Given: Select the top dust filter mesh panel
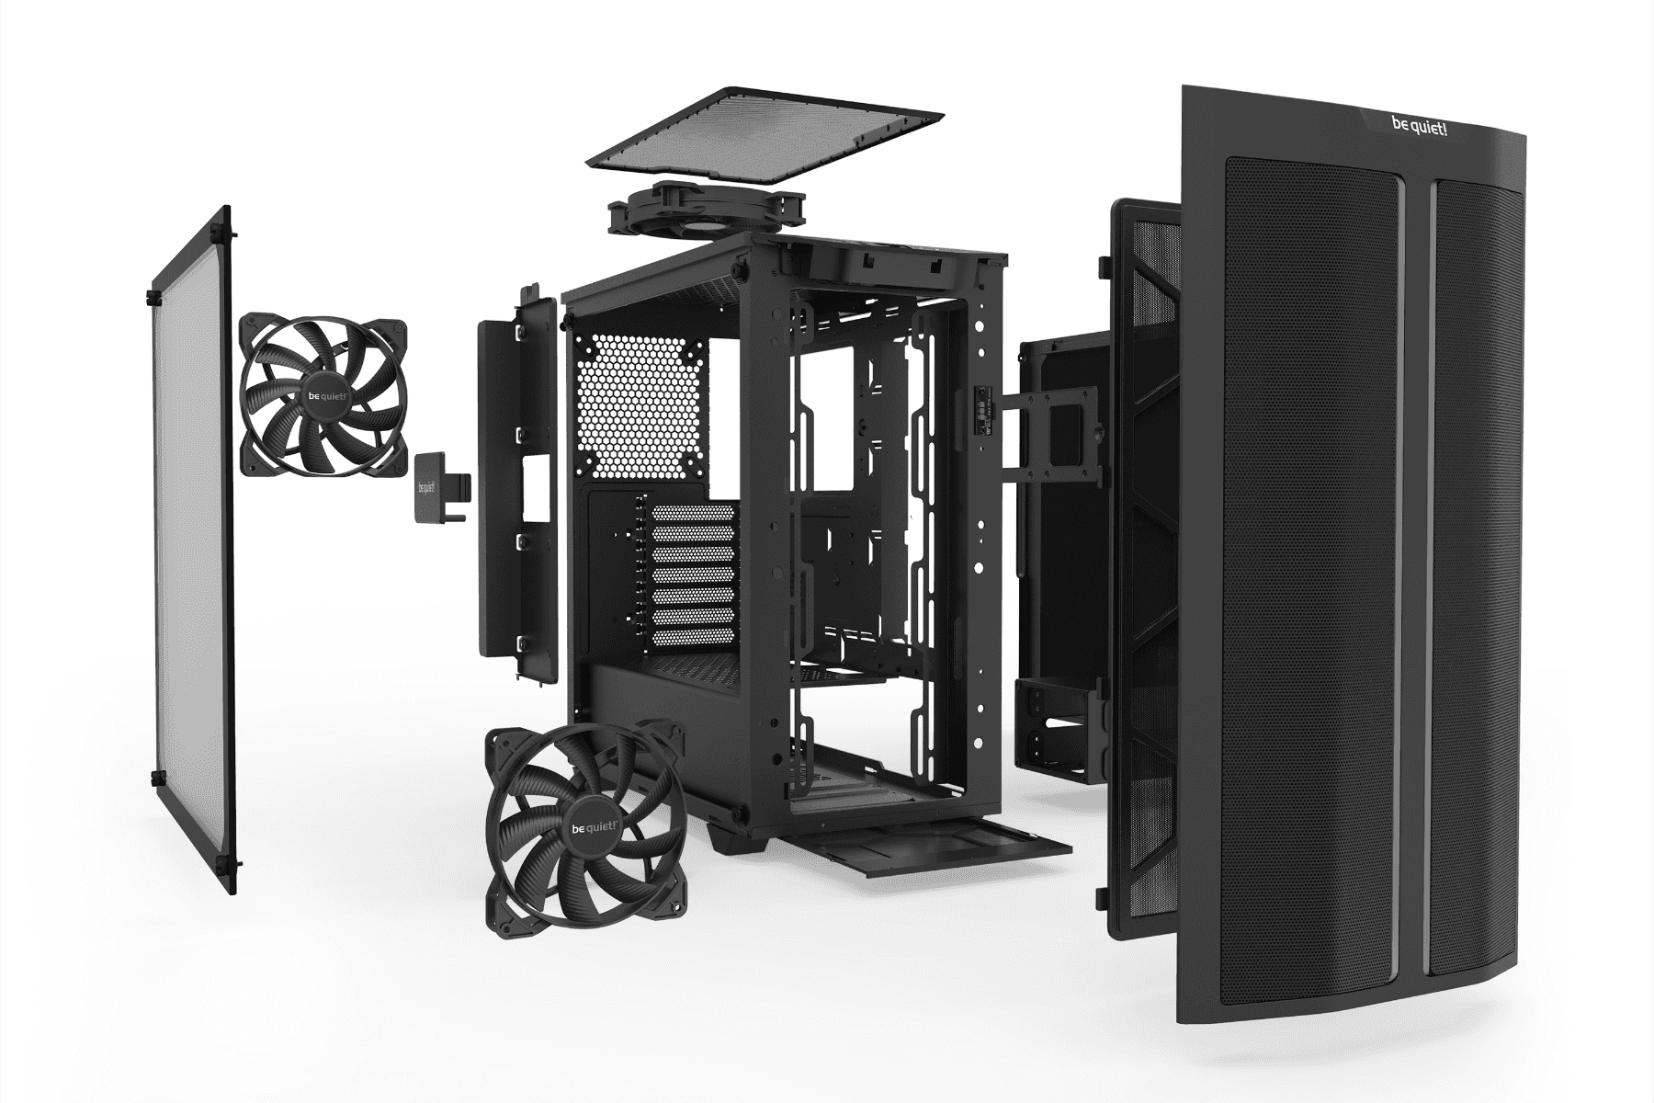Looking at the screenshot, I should point(763,137).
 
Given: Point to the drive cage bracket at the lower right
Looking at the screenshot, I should point(1057,726).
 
